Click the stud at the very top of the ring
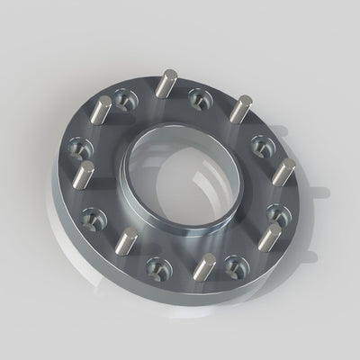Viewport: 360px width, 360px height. pyautogui.click(x=163, y=86)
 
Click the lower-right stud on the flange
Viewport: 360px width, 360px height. pyautogui.click(x=271, y=238)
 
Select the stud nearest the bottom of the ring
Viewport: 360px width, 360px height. pyautogui.click(x=207, y=267)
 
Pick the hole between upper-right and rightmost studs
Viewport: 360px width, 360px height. pyautogui.click(x=262, y=141)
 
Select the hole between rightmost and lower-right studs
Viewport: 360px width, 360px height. pyautogui.click(x=278, y=213)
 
